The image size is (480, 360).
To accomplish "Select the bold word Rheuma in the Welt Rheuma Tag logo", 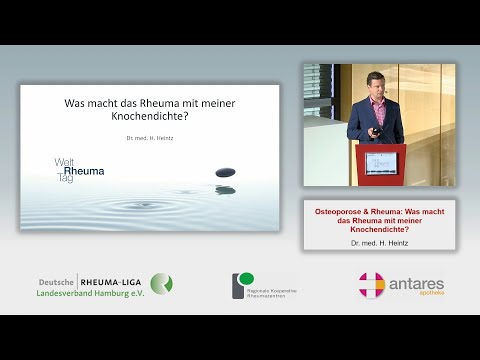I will (82, 171).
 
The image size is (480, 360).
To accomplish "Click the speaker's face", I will (375, 83).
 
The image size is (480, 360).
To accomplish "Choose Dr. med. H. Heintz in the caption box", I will (379, 243).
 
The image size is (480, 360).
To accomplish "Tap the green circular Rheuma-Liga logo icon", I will (161, 283).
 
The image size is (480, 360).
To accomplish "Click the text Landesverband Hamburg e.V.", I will (90, 292).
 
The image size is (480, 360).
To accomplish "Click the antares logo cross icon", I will (372, 284).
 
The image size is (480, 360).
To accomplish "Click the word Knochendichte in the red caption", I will (379, 230).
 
